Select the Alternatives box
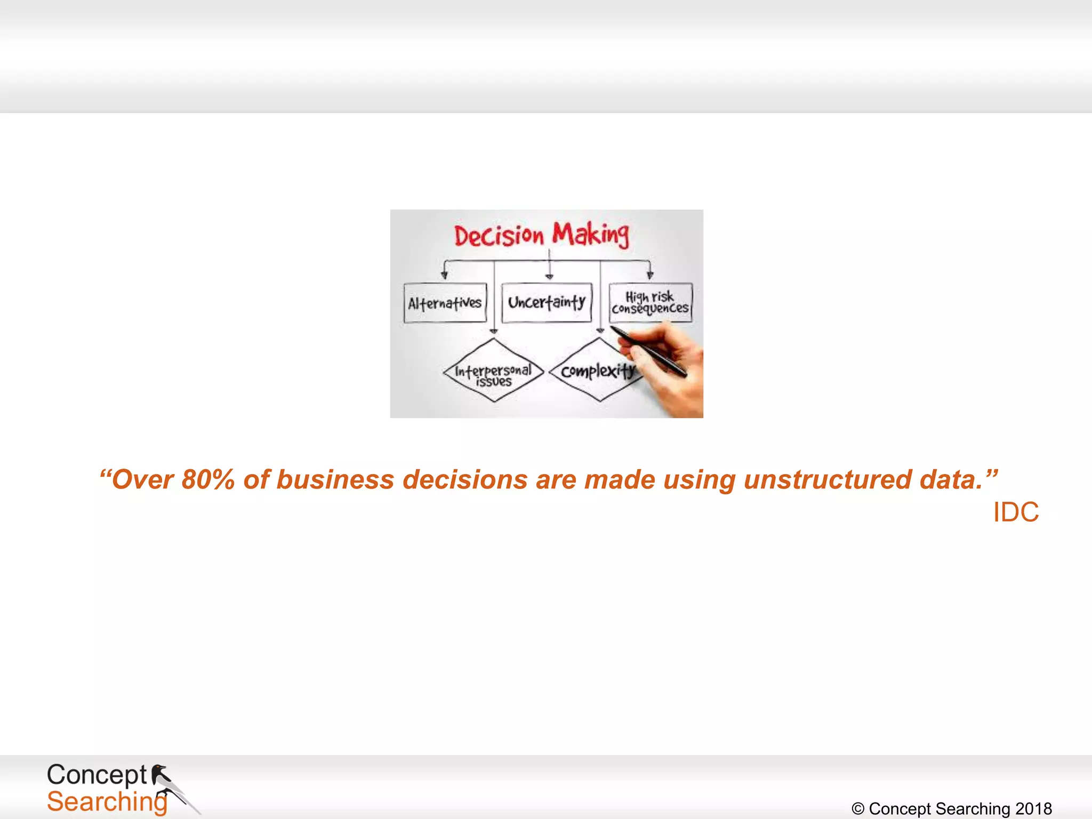pyautogui.click(x=445, y=303)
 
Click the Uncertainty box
pyautogui.click(x=547, y=303)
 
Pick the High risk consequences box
pyautogui.click(x=651, y=303)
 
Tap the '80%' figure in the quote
pyautogui.click(x=208, y=479)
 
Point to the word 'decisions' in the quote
pyautogui.click(x=465, y=479)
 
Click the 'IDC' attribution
pyautogui.click(x=1016, y=512)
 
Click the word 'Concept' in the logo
pyautogui.click(x=97, y=775)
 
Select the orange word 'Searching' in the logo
pyautogui.click(x=107, y=802)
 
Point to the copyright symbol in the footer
pyautogui.click(x=858, y=809)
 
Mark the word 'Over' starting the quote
pyautogui.click(x=143, y=479)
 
